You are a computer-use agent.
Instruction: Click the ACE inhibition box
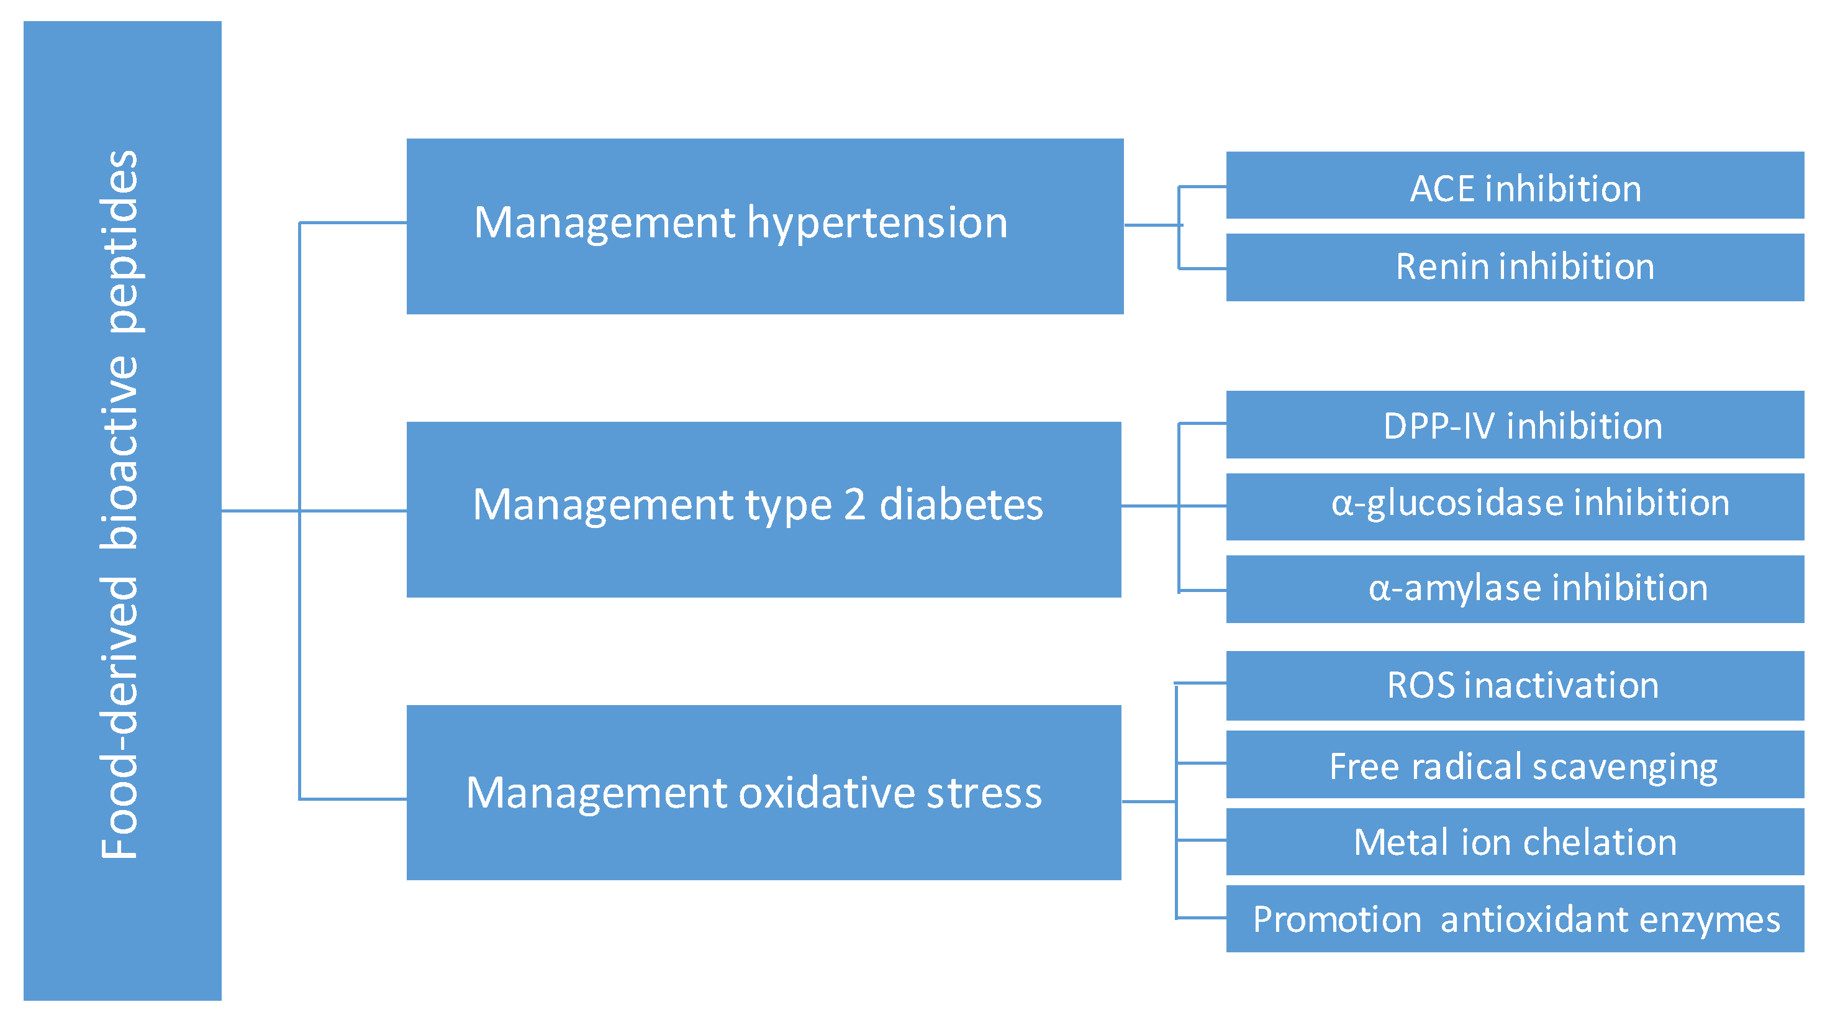(x=1514, y=186)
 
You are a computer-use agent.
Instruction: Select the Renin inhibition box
(x=1514, y=267)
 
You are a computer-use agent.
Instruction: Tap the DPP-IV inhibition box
(x=1514, y=425)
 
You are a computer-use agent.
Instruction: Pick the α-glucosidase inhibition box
(x=1514, y=506)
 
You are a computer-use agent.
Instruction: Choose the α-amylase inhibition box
(x=1514, y=588)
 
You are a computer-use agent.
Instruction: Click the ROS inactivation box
(x=1514, y=685)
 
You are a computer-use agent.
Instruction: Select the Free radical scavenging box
(x=1514, y=765)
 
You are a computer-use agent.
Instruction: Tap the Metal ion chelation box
(x=1514, y=842)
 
